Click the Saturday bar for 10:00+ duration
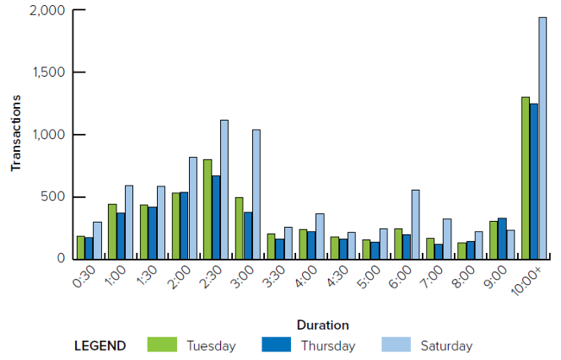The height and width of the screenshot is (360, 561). coord(543,138)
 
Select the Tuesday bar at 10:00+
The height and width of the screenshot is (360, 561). coord(526,177)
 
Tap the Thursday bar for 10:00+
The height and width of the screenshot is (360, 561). coord(534,180)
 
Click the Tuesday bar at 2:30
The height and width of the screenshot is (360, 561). coord(207,208)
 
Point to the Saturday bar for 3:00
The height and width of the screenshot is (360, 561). coord(256,193)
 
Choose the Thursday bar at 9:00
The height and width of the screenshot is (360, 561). coord(502,237)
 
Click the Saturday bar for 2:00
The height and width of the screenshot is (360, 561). coord(192,207)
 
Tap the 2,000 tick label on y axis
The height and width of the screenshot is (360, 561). coord(46,10)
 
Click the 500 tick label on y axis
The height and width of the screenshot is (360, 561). coord(54,196)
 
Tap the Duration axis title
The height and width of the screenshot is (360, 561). coord(322,325)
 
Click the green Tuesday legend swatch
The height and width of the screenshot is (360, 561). coord(162,345)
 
